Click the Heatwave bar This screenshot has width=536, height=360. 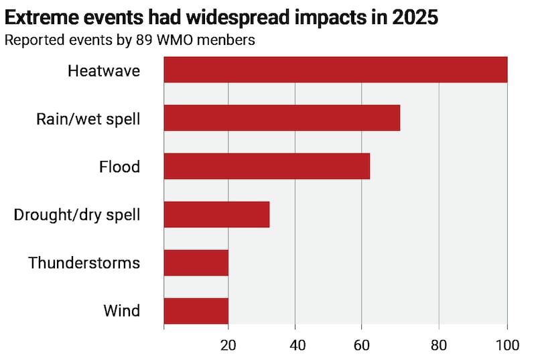point(335,70)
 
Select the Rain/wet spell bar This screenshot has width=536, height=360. point(281,118)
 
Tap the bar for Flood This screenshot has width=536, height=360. point(267,166)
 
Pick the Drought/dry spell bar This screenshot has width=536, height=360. point(216,215)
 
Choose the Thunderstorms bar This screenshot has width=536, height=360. point(196,262)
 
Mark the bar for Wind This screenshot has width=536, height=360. point(196,310)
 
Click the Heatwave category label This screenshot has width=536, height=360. point(104,70)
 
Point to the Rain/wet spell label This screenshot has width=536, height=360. point(88,119)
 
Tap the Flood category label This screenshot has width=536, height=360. point(119,166)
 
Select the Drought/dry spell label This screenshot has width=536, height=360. point(77,215)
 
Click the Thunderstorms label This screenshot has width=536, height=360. point(84,262)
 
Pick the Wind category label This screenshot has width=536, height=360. point(122,310)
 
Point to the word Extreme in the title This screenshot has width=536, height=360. point(38,17)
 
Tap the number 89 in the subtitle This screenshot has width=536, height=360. point(146,40)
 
